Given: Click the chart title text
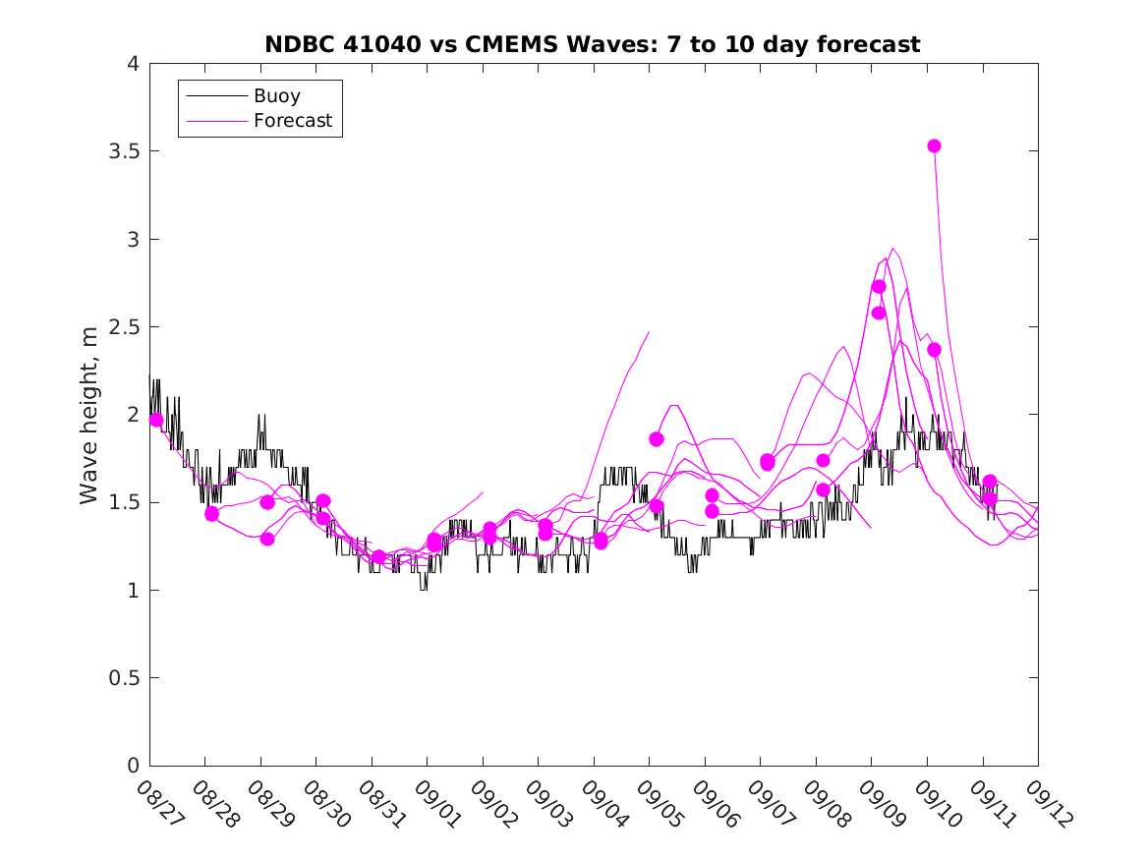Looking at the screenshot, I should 593,44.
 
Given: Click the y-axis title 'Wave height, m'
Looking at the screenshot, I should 89,416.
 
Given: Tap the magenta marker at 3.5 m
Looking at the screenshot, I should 934,145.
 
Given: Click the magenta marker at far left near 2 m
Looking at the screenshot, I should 155,420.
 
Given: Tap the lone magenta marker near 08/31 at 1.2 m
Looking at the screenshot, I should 378,557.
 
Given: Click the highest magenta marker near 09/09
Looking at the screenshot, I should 879,286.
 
